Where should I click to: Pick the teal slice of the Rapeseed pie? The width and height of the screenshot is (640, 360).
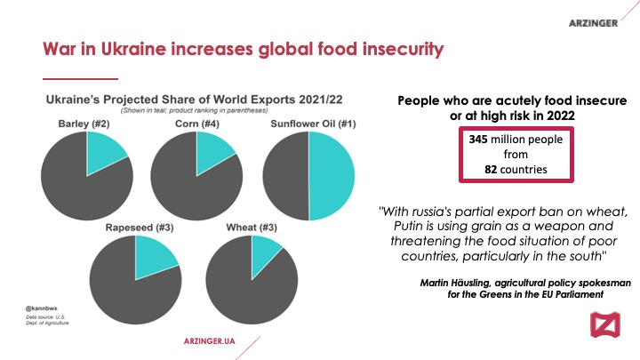(153, 255)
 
